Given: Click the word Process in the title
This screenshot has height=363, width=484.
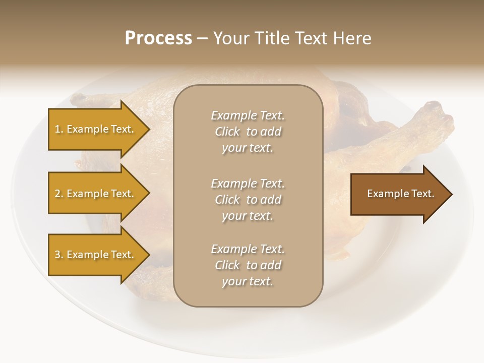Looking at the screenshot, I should [x=158, y=38].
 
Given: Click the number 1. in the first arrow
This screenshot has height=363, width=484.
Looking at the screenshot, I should [x=59, y=129].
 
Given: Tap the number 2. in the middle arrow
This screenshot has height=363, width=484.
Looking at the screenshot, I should [x=59, y=194].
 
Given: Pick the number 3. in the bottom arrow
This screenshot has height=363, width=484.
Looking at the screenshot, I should [x=59, y=255].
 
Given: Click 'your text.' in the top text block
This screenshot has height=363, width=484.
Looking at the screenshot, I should [x=248, y=148].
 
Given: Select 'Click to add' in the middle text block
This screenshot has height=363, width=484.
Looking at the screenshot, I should [x=248, y=200].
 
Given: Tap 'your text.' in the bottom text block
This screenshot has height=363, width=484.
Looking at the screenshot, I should [x=248, y=281].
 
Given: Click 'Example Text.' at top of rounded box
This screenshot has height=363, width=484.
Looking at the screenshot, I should [x=248, y=115].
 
